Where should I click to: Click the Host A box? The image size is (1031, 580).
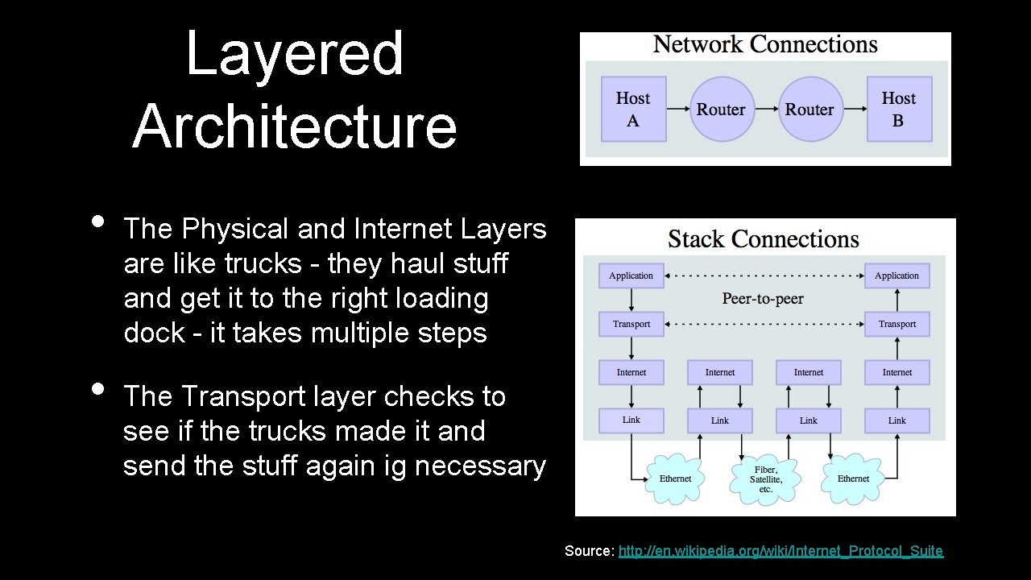tap(633, 109)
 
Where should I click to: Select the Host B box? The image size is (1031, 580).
tap(899, 109)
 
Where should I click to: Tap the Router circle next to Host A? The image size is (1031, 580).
tap(721, 109)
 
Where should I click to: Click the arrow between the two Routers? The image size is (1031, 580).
tap(765, 109)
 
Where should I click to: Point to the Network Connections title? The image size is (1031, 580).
tap(764, 44)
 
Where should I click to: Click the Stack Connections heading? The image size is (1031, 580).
tap(764, 239)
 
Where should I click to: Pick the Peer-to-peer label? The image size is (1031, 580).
tap(763, 299)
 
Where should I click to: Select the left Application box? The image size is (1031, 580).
tap(631, 275)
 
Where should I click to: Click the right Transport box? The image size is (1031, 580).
tap(897, 324)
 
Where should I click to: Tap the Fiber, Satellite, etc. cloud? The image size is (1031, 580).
tap(765, 479)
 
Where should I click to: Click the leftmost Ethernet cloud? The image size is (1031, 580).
tap(675, 478)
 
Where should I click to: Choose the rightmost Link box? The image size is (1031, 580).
tap(897, 420)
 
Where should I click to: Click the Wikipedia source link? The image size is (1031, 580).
tap(780, 551)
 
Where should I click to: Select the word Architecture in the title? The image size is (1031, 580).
tap(295, 126)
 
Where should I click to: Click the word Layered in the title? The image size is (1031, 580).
tap(295, 54)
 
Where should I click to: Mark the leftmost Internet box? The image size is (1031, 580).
tap(631, 372)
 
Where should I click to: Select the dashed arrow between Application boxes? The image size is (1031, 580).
tap(764, 275)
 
